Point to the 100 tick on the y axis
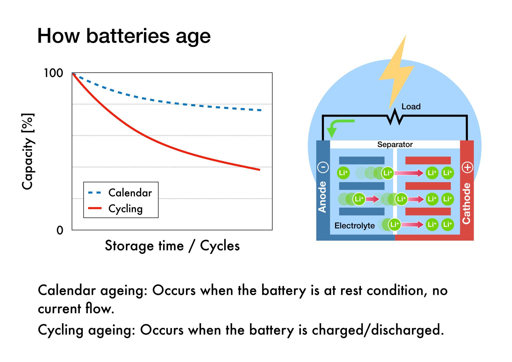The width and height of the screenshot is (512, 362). pos(53,73)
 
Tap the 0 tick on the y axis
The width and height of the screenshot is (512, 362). pos(60,230)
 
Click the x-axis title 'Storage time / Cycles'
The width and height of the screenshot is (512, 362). pos(172,245)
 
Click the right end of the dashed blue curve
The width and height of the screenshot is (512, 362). pos(261,110)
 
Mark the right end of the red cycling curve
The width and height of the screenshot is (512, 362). pos(259,170)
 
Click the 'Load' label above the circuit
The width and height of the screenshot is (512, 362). pos(411,106)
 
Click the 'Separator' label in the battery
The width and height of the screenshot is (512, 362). pos(395,144)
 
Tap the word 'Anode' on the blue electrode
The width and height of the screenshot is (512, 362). pos(323,197)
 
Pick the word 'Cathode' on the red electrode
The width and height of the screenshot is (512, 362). pos(466,203)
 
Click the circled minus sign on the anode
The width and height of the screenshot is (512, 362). pos(323,167)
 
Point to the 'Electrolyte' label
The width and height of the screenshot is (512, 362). pos(354,226)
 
